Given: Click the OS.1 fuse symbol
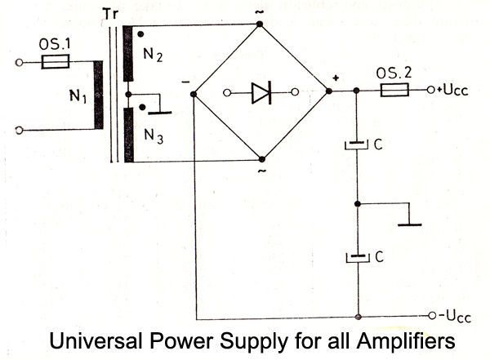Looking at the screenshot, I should coord(56,60).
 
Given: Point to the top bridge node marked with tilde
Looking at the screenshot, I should coord(261,23).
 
